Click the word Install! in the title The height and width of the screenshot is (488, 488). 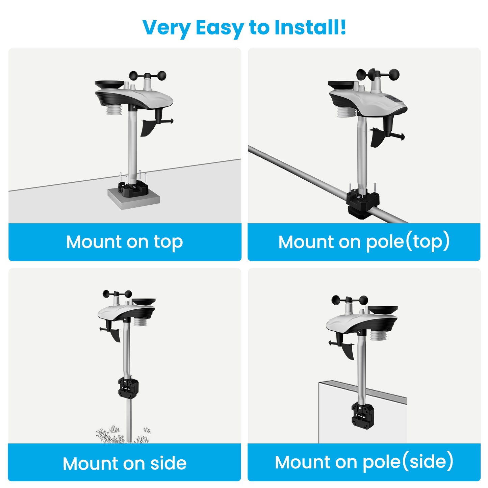pos(310,27)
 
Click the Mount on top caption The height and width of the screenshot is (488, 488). pos(125,242)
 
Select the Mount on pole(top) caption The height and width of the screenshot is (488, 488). pos(364,242)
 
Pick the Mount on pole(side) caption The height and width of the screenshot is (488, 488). pos(364,462)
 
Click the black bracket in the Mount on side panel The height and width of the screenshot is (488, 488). pos(128,388)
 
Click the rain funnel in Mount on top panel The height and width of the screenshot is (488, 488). pos(109,84)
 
